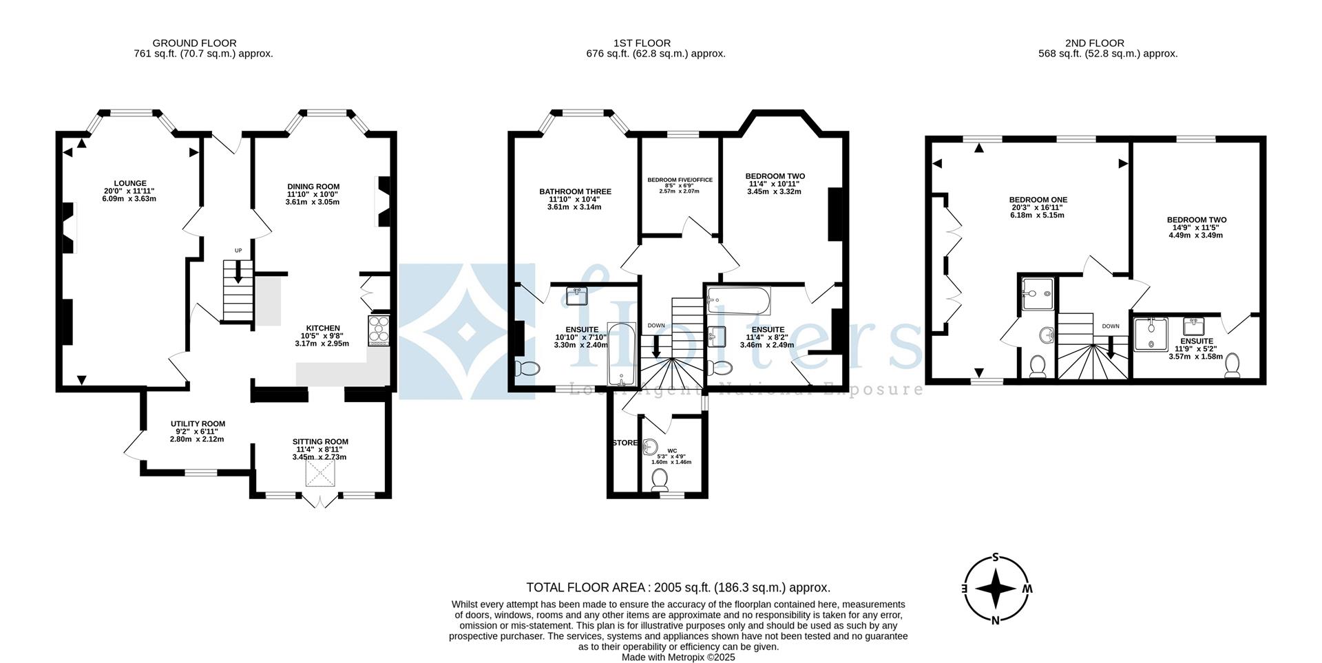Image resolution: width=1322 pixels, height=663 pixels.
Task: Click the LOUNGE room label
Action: pyautogui.click(x=129, y=183)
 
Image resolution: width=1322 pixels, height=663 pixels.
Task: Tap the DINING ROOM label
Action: pyautogui.click(x=313, y=187)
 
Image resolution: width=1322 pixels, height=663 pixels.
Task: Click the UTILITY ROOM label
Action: pyautogui.click(x=198, y=424)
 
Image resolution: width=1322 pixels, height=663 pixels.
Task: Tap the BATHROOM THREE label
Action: pyautogui.click(x=575, y=191)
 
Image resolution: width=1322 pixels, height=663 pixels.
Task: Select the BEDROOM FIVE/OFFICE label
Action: pyautogui.click(x=680, y=180)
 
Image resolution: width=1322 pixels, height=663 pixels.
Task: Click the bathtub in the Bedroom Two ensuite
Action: pyautogui.click(x=739, y=300)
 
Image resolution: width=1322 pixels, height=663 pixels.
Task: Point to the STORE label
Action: pyautogui.click(x=625, y=443)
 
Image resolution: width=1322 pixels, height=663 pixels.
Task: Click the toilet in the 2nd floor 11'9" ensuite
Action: pyautogui.click(x=1232, y=365)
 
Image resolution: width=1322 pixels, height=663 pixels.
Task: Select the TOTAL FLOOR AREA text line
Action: pyautogui.click(x=678, y=587)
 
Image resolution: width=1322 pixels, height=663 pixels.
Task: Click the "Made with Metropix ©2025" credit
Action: pyautogui.click(x=678, y=657)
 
